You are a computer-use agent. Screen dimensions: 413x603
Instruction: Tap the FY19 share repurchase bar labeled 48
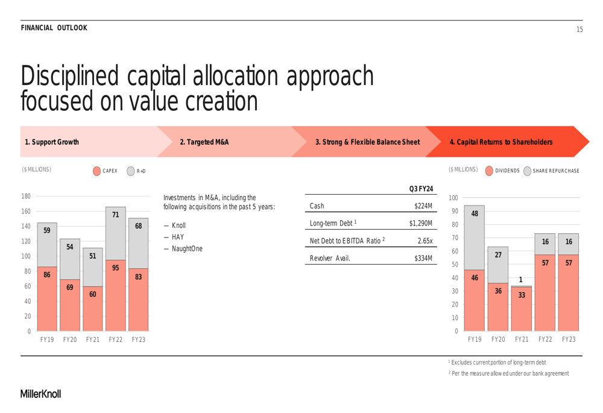click(474, 237)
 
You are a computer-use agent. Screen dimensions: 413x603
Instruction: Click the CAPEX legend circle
click(96, 171)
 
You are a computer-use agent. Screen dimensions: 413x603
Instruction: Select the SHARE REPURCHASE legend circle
click(527, 171)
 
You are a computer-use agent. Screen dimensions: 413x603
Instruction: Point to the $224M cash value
click(423, 206)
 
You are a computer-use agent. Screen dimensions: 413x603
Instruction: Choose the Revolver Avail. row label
click(330, 260)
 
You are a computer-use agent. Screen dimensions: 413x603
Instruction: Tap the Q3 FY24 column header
click(420, 189)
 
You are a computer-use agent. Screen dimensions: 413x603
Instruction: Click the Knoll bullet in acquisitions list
click(174, 225)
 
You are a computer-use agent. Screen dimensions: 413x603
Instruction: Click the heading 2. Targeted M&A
click(204, 142)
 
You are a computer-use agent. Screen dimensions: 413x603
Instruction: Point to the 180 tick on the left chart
click(26, 197)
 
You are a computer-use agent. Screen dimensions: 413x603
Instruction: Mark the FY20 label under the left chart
click(69, 340)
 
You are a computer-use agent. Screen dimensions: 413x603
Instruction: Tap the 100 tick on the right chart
click(453, 198)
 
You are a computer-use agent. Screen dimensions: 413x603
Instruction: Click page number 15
click(579, 29)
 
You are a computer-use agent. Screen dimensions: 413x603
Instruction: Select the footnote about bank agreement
click(508, 373)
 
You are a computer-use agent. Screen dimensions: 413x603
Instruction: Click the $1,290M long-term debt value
click(420, 224)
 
